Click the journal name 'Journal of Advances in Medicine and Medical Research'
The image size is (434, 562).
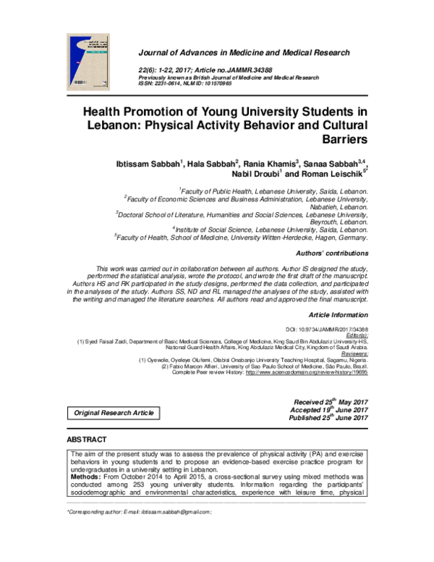pos(243,53)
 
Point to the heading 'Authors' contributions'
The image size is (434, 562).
pos(333,253)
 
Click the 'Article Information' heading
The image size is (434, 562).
pos(339,316)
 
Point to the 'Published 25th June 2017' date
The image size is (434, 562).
pos(329,419)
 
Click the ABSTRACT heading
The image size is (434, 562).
pos(87,440)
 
